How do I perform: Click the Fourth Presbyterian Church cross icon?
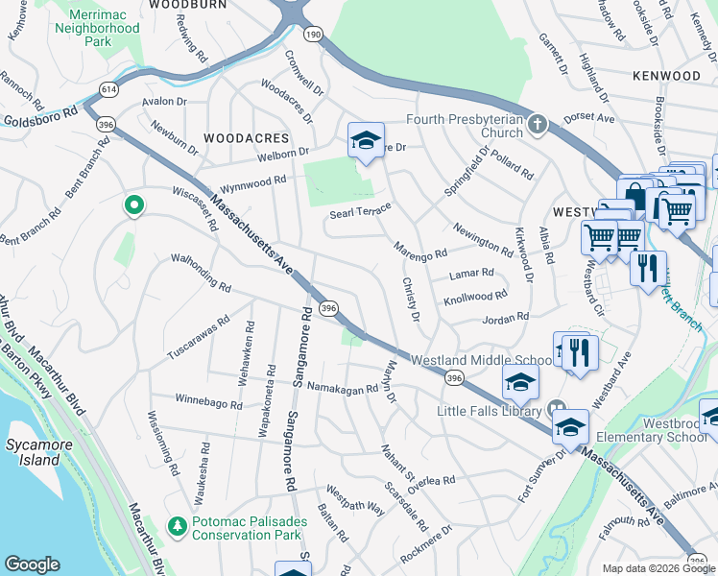pos(538,124)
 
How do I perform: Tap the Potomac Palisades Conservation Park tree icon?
pos(177,525)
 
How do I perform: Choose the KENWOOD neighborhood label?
pos(666,75)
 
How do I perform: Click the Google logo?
pos(32,564)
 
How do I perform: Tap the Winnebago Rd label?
pos(208,401)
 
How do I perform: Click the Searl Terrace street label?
pos(360,212)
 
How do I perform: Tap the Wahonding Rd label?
pos(202,273)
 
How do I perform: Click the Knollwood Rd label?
pos(475,299)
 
